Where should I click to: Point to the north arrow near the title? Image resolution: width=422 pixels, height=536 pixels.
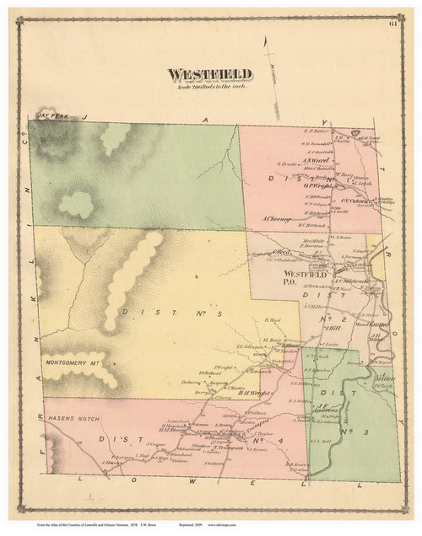click(265, 63)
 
